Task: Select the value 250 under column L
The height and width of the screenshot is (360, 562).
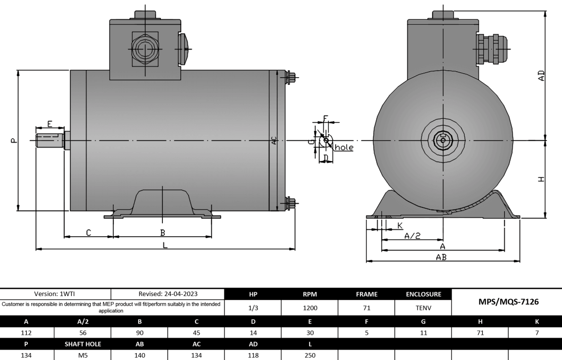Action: (309, 355)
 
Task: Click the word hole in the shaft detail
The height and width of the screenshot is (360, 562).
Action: (344, 148)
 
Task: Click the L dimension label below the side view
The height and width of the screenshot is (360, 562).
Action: (165, 245)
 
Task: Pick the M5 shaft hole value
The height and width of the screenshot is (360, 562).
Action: (83, 355)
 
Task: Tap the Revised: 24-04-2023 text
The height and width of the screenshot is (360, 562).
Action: (168, 294)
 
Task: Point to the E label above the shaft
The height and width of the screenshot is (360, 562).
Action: (50, 123)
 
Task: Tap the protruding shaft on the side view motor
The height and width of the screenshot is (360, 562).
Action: (50, 141)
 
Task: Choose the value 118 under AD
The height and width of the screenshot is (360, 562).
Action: (253, 355)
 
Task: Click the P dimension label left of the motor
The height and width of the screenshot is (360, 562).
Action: (13, 141)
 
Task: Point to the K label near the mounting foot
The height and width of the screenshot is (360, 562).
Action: (400, 226)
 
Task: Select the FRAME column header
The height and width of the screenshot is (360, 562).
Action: (366, 294)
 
